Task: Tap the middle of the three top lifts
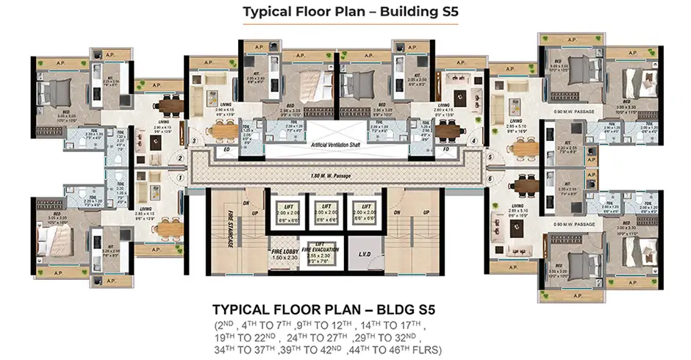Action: (326, 212)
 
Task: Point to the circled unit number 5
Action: (490, 157)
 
